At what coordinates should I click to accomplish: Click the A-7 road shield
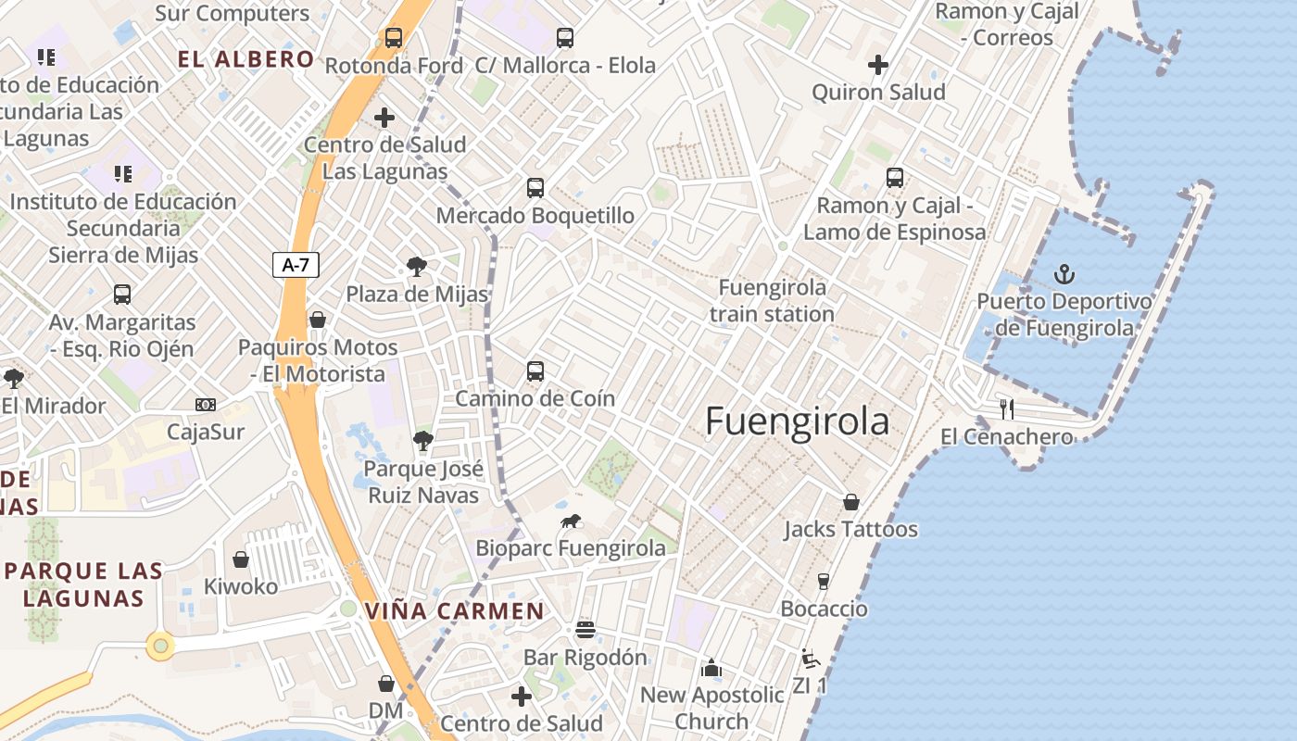[x=296, y=265]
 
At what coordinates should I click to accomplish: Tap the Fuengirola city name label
[x=797, y=421]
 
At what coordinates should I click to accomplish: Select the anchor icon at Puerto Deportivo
[x=1064, y=274]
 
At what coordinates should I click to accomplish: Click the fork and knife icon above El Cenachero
[x=1007, y=408]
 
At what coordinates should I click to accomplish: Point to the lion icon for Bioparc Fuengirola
[x=571, y=521]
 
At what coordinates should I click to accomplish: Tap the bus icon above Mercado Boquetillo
[x=535, y=188]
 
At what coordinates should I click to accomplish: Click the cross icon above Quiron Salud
[x=878, y=65]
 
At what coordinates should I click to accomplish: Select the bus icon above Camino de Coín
[x=535, y=371]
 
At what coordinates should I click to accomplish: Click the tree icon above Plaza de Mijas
[x=417, y=268]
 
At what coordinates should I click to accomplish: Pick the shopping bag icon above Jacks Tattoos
[x=850, y=502]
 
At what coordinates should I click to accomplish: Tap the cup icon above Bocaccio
[x=823, y=582]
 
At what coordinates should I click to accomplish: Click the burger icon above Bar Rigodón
[x=585, y=630]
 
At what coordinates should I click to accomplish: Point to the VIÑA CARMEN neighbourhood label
[x=454, y=611]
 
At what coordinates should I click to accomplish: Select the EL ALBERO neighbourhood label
[x=246, y=60]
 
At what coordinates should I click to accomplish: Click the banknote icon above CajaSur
[x=206, y=405]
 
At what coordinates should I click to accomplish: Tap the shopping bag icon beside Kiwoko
[x=241, y=559]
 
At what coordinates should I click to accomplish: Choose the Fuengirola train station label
[x=772, y=301]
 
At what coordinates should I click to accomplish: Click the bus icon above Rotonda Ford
[x=394, y=38]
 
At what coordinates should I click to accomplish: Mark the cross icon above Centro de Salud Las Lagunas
[x=384, y=118]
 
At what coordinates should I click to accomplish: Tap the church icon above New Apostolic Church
[x=711, y=667]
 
